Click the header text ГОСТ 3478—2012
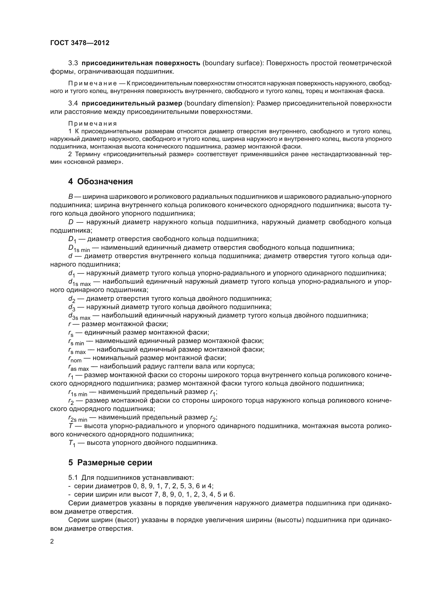tap(80, 43)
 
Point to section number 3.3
tap(73, 63)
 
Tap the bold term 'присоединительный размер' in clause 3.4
tap(132, 103)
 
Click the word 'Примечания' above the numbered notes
tap(93, 124)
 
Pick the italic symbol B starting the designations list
tap(70, 196)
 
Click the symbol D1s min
tap(79, 248)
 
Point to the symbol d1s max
tap(79, 282)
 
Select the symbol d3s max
tap(79, 316)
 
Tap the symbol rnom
tap(75, 359)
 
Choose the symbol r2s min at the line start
tap(78, 419)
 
